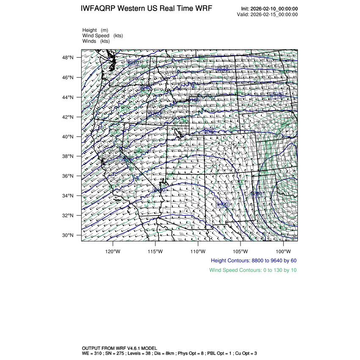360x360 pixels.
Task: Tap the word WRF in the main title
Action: [204, 9]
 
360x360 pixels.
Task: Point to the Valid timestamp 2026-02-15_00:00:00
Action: [274, 14]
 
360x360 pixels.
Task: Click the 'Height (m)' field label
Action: [95, 30]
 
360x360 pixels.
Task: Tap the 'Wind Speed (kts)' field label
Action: [102, 36]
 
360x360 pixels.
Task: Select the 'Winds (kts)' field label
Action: [96, 41]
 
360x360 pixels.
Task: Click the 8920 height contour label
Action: [133, 63]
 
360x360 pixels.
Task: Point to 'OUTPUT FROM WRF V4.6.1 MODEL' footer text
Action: [120, 348]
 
